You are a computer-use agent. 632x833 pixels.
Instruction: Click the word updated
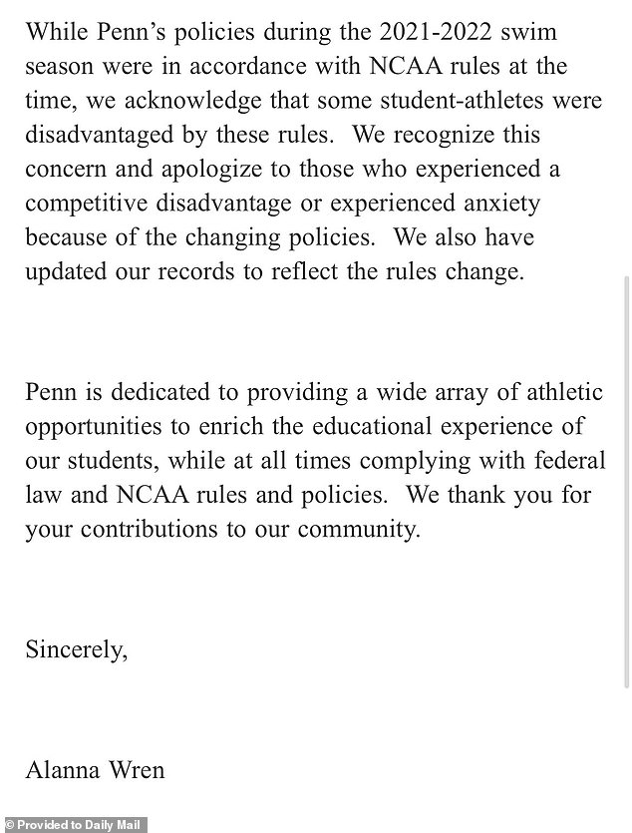pyautogui.click(x=65, y=272)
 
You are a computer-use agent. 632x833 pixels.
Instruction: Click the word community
pyautogui.click(x=361, y=530)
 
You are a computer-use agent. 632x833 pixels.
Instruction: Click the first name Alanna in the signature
pyautogui.click(x=63, y=771)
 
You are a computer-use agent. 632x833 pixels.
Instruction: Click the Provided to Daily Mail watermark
pyautogui.click(x=75, y=825)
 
